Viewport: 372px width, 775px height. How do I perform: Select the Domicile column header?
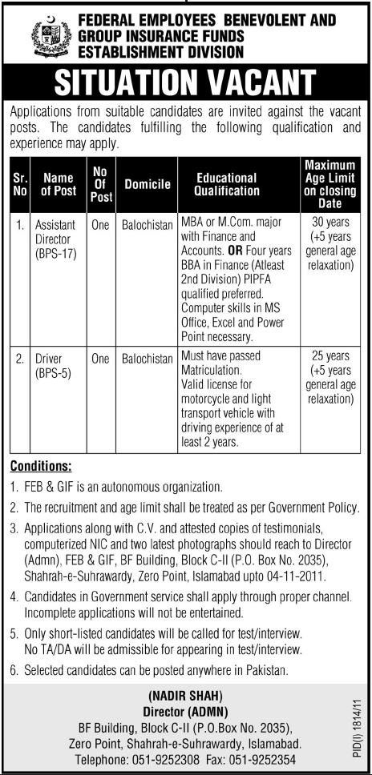tap(148, 185)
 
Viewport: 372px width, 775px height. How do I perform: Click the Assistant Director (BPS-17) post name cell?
tap(54, 238)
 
